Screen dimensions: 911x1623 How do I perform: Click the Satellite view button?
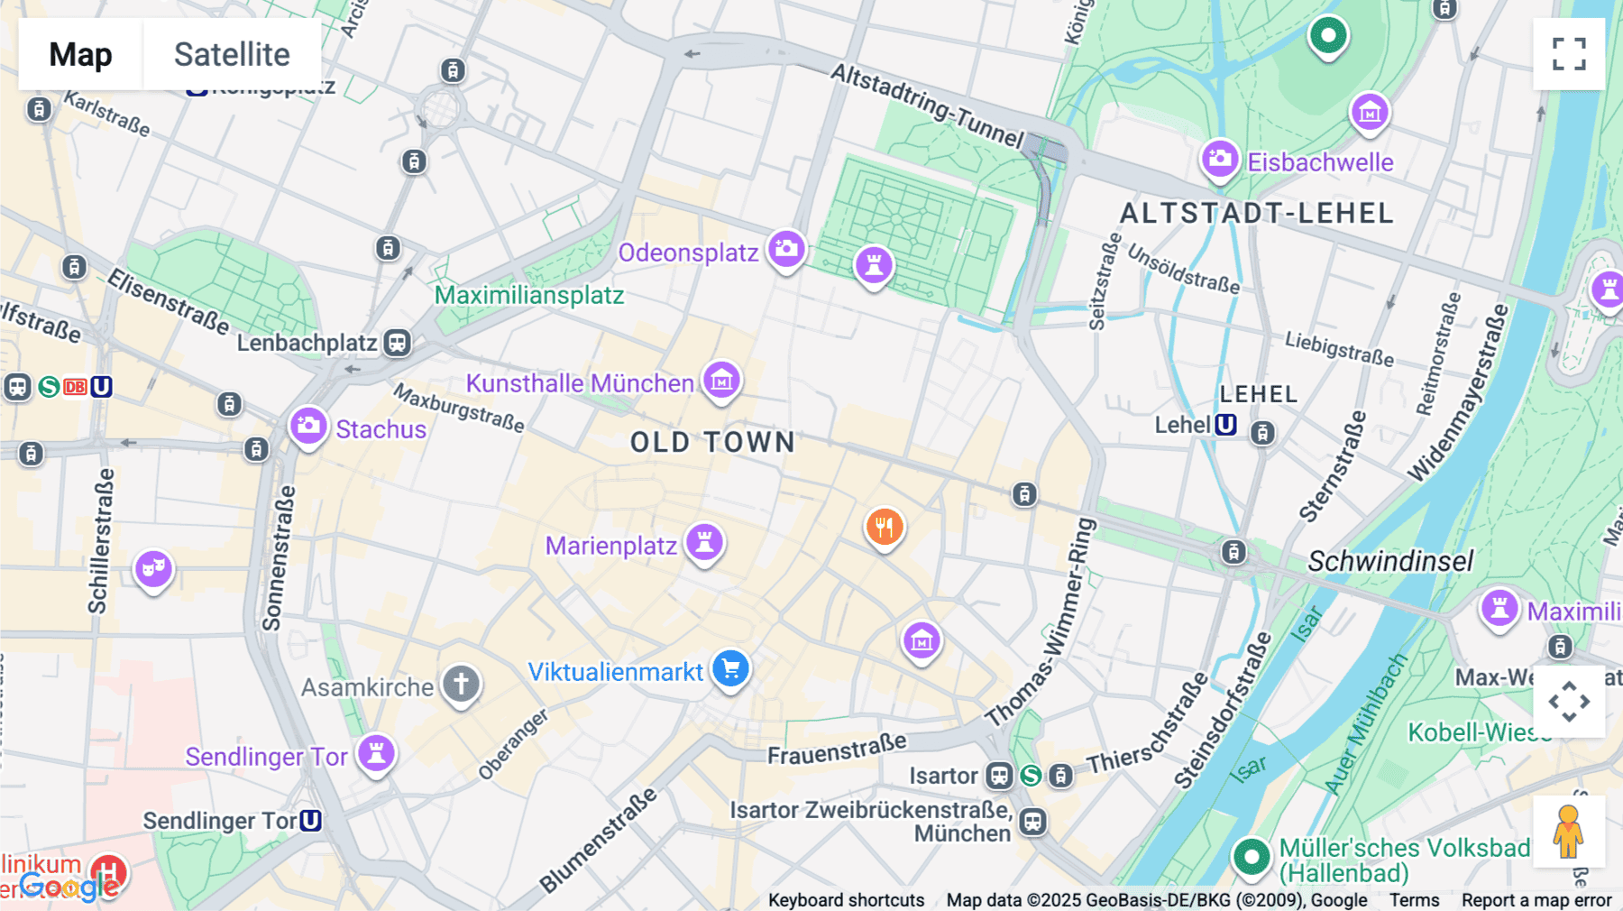[x=232, y=54]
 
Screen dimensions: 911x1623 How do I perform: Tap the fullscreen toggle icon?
[x=1569, y=54]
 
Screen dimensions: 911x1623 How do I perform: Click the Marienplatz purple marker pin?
[x=704, y=542]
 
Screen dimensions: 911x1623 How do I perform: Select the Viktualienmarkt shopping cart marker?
[x=730, y=669]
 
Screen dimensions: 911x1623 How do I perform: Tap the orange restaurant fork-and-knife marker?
[x=885, y=528]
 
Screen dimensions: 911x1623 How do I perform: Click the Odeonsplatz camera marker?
[x=786, y=249]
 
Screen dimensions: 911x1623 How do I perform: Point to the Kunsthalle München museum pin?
[x=721, y=382]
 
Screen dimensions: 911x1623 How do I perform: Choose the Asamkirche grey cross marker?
[x=461, y=684]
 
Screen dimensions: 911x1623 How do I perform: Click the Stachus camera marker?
[x=307, y=426]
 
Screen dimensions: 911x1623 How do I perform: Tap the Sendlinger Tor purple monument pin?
[x=376, y=752]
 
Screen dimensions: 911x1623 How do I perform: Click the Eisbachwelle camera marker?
[x=1219, y=160]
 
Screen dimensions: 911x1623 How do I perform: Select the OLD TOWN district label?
[x=712, y=442]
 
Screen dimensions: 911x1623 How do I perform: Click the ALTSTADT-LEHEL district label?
[x=1256, y=214]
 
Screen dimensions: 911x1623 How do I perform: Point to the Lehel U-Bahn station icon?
[x=1225, y=425]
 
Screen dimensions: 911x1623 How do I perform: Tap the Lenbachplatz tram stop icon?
[x=397, y=343]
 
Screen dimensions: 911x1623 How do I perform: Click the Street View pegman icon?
[x=1568, y=832]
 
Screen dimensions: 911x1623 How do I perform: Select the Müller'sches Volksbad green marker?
[x=1252, y=856]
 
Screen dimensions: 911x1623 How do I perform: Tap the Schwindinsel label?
[x=1390, y=561]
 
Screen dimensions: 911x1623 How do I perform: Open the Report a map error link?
[x=1536, y=900]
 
